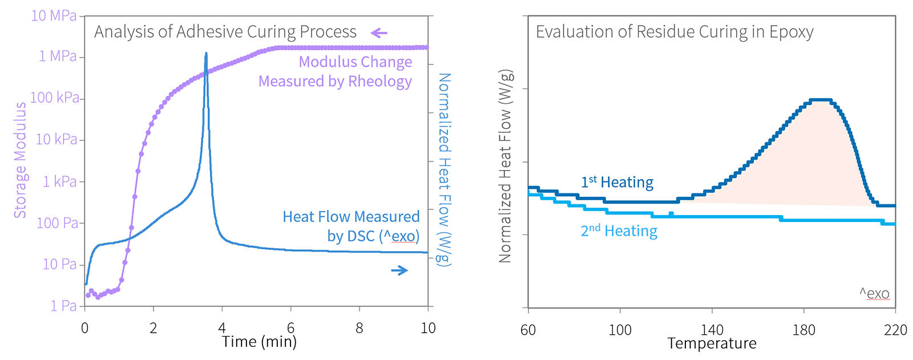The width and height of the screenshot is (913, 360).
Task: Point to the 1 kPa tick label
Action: click(59, 181)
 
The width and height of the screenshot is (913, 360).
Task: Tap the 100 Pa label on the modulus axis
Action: click(57, 223)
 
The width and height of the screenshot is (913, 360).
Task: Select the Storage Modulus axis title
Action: click(20, 160)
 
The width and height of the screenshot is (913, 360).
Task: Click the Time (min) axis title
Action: click(259, 342)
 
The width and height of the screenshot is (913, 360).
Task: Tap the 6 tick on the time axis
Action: click(290, 328)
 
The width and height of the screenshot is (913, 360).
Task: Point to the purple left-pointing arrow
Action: click(379, 33)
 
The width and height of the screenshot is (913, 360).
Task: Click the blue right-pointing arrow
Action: click(399, 270)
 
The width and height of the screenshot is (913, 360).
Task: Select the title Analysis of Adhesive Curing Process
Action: click(225, 31)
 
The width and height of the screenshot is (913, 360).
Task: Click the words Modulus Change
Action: click(355, 62)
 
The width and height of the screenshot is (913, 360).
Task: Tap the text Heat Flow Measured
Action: click(351, 217)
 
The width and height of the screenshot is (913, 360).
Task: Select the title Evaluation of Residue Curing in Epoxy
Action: click(674, 31)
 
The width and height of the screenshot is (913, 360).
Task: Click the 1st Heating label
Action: click(617, 182)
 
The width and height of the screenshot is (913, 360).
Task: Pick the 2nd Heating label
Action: click(619, 230)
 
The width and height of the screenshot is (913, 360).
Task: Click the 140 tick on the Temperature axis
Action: click(712, 330)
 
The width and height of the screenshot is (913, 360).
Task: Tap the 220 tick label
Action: click(895, 330)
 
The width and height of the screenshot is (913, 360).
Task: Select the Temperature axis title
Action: click(712, 343)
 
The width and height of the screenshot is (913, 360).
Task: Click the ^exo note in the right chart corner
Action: click(874, 294)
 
